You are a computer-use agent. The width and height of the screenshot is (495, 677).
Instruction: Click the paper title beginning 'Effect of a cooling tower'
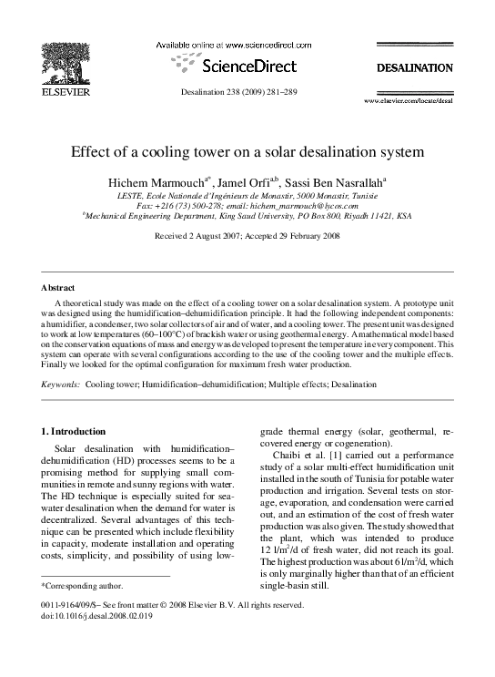(247, 154)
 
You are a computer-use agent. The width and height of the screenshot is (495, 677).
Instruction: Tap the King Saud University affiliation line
(247, 217)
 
